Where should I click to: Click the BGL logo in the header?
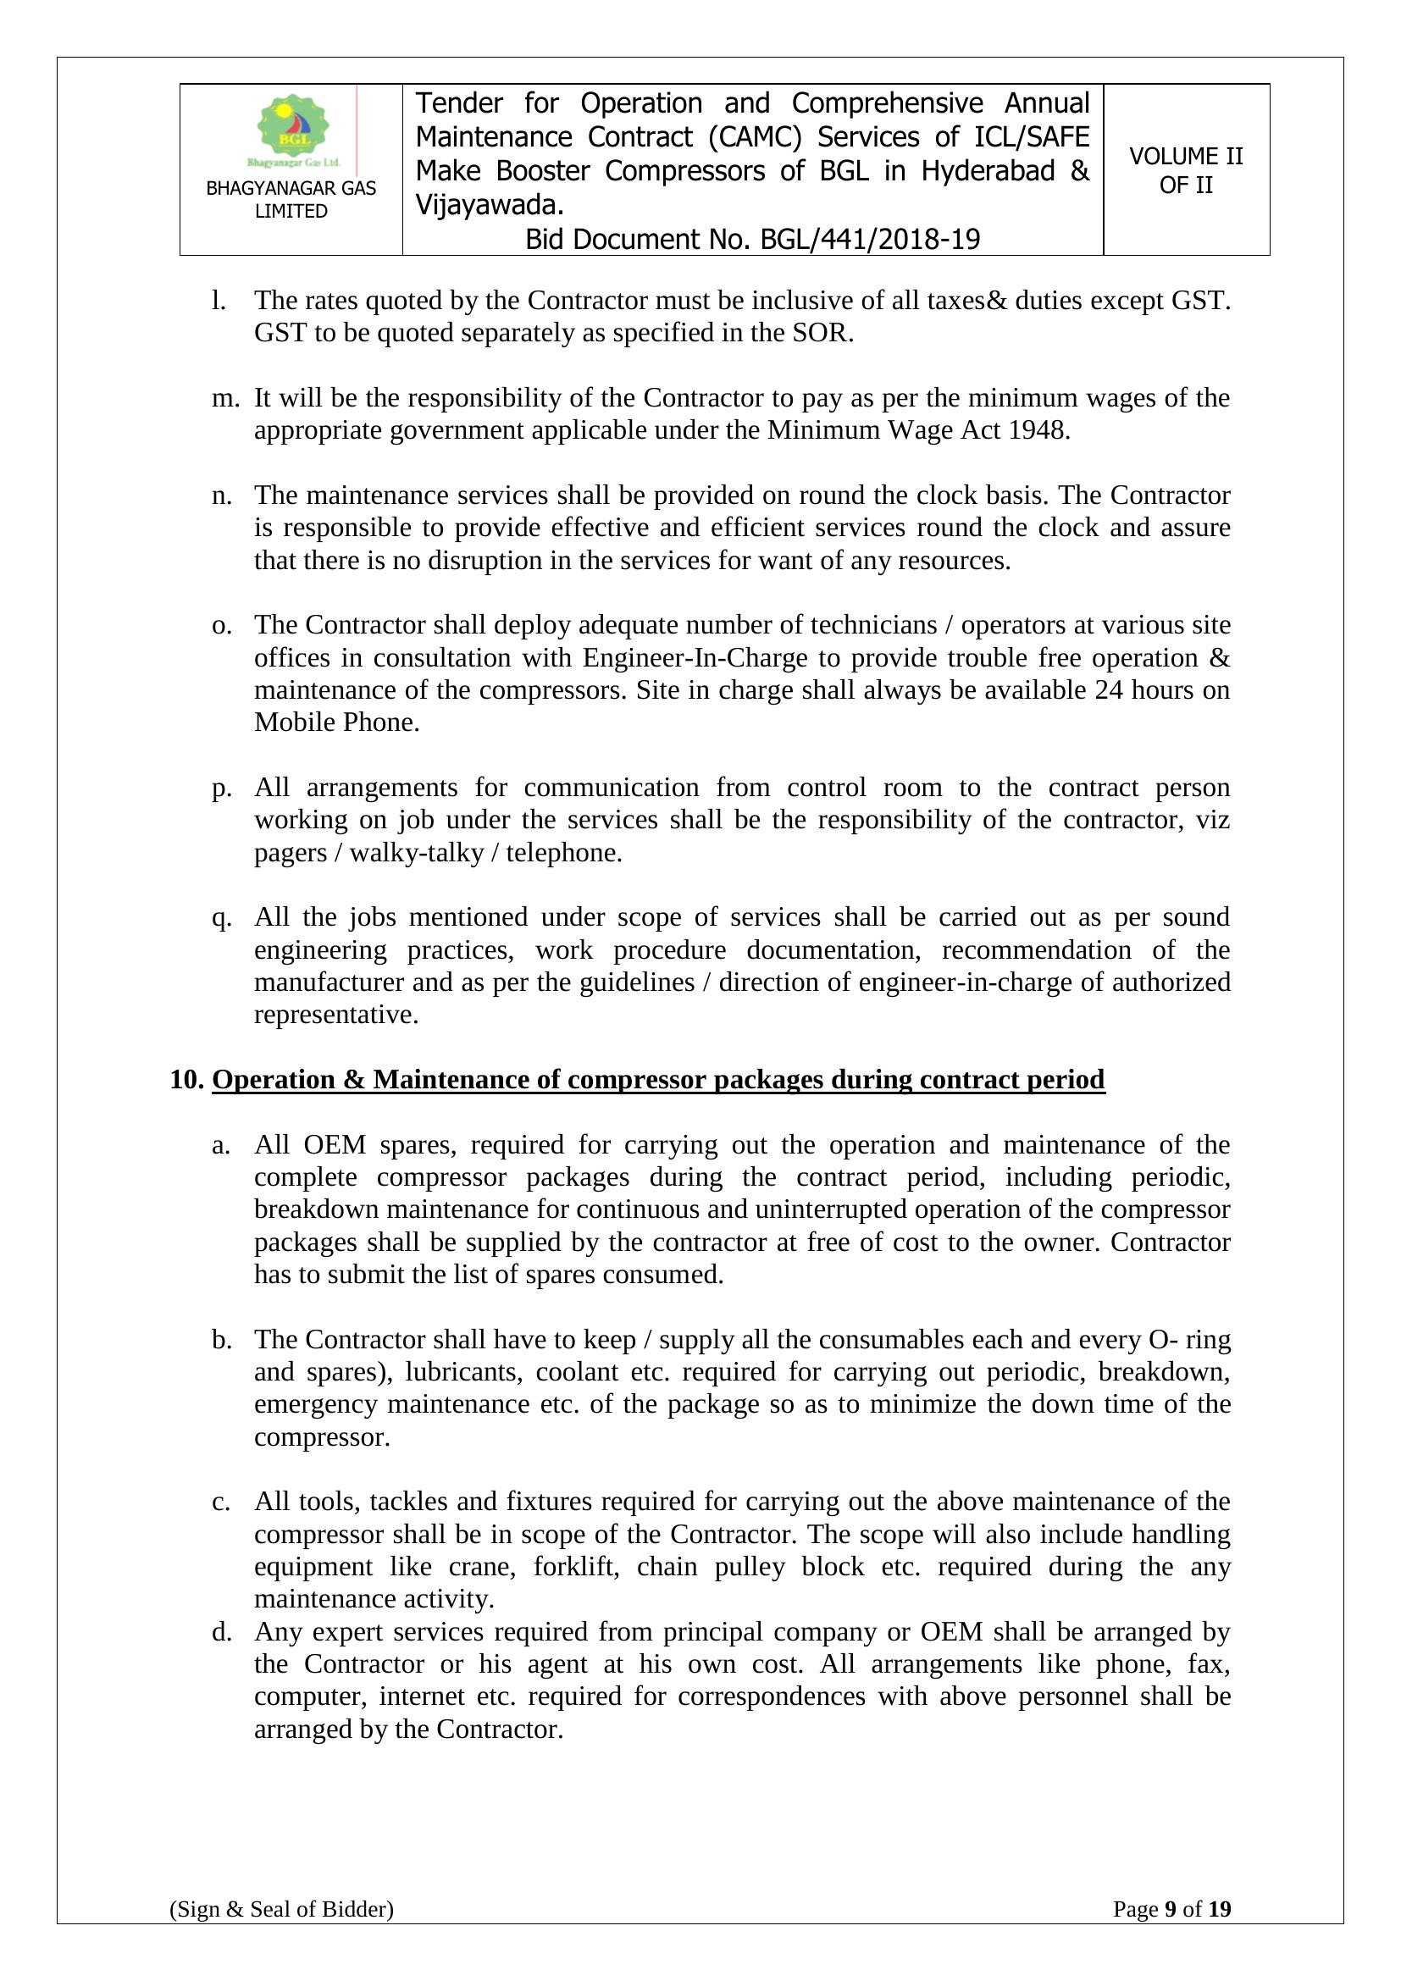click(293, 130)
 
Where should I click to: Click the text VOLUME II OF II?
click(1185, 170)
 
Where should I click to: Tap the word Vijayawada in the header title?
click(487, 205)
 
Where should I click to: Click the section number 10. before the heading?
click(186, 1079)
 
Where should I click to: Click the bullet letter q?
click(222, 917)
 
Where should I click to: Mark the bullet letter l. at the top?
click(219, 301)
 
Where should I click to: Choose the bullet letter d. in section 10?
click(222, 1631)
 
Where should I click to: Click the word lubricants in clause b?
click(462, 1371)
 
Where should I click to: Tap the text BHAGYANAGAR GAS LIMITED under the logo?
click(291, 199)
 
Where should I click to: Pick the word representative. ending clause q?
click(335, 1015)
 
